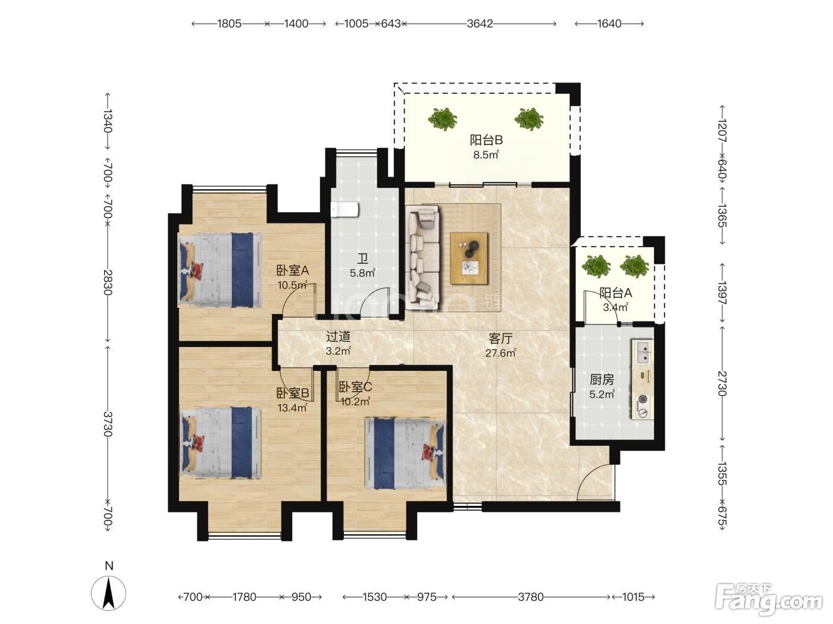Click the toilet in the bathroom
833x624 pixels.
click(345, 210)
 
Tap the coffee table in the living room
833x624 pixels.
click(469, 258)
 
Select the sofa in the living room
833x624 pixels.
click(422, 257)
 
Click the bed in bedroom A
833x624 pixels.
click(220, 269)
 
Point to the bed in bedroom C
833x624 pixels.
click(405, 453)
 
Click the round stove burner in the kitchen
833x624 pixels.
click(643, 399)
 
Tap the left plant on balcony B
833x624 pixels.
click(442, 119)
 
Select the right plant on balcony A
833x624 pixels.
click(634, 266)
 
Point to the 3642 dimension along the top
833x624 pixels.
click(480, 24)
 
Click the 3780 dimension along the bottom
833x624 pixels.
click(531, 597)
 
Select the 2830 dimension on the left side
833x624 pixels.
click(108, 282)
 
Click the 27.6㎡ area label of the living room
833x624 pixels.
click(500, 353)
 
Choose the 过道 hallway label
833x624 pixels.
click(338, 336)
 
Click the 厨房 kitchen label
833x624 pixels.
click(602, 379)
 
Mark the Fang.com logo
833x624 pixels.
click(769, 600)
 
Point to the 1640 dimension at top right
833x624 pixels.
click(609, 24)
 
